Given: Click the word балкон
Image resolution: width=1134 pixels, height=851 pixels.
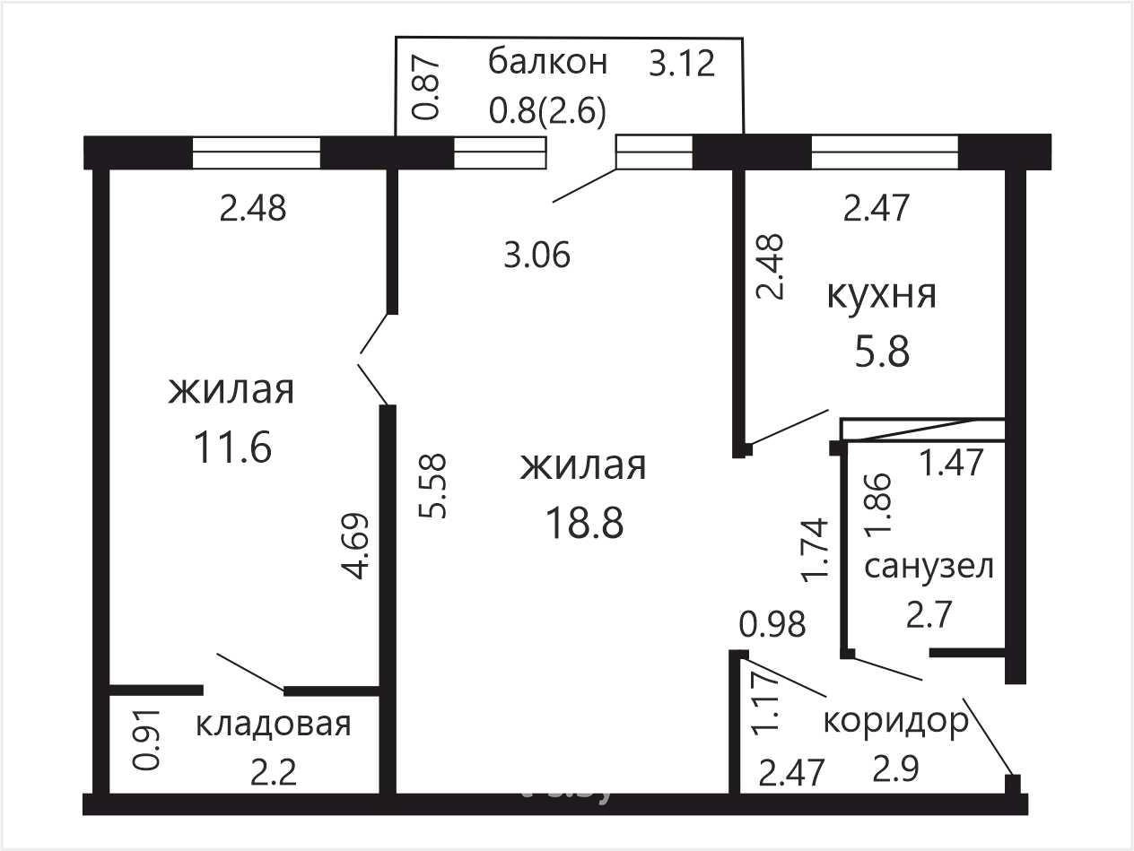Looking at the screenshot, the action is (547, 62).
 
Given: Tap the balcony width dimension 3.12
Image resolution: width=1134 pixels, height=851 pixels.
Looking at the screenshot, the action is (682, 64).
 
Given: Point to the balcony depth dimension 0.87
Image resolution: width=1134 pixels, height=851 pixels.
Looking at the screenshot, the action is (428, 90).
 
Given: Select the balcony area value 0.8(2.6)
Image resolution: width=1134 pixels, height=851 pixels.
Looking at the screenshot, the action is (547, 111).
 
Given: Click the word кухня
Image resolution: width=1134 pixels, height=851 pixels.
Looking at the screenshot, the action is (881, 295).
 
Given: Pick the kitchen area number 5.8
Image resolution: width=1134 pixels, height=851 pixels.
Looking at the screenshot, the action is (882, 352).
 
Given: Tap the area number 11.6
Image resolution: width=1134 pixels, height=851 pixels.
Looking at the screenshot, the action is (232, 447).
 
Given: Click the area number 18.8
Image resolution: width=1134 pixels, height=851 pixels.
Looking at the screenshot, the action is (584, 523).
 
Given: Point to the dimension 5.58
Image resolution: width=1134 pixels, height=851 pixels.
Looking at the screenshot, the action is (432, 485).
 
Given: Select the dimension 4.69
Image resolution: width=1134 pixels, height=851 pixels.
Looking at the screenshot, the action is (355, 546).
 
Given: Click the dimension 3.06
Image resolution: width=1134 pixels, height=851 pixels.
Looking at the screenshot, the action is (536, 255).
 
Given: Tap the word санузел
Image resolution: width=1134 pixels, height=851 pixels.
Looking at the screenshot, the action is (929, 567).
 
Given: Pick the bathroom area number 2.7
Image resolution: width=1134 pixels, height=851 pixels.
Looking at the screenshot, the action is (929, 614).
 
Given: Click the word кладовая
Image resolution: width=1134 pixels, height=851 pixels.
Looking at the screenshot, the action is (274, 724).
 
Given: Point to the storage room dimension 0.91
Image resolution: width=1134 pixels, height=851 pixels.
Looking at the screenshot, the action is (146, 741).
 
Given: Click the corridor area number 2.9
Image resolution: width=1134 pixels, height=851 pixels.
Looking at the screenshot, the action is (896, 769).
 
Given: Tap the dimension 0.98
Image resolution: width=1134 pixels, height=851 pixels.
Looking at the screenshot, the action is (772, 624).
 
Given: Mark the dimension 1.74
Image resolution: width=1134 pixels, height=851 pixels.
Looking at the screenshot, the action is (815, 550).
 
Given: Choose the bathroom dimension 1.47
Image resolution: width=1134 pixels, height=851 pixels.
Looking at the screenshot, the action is (952, 462).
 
